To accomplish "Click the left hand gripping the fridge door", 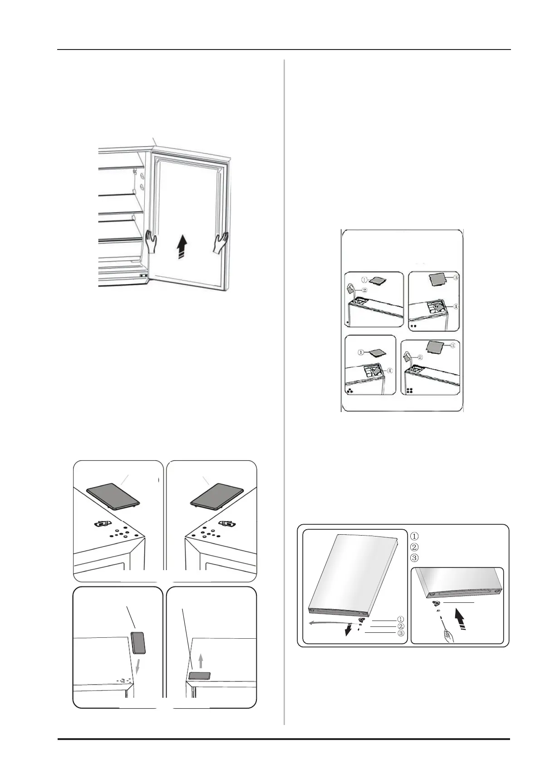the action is (x=151, y=242).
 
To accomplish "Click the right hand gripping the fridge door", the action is (x=221, y=242).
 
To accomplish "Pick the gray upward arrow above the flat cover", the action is (x=201, y=661).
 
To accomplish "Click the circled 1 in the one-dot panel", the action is (x=364, y=280).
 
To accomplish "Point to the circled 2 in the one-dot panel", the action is (x=364, y=291).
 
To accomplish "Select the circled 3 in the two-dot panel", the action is (x=456, y=278).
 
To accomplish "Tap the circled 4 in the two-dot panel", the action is (x=456, y=306).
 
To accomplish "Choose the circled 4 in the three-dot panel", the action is (x=390, y=371).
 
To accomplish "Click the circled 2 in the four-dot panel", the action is (x=420, y=357).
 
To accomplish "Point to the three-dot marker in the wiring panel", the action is (x=350, y=392).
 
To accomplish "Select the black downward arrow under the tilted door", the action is (x=348, y=630).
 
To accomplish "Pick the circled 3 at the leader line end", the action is (x=401, y=633).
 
